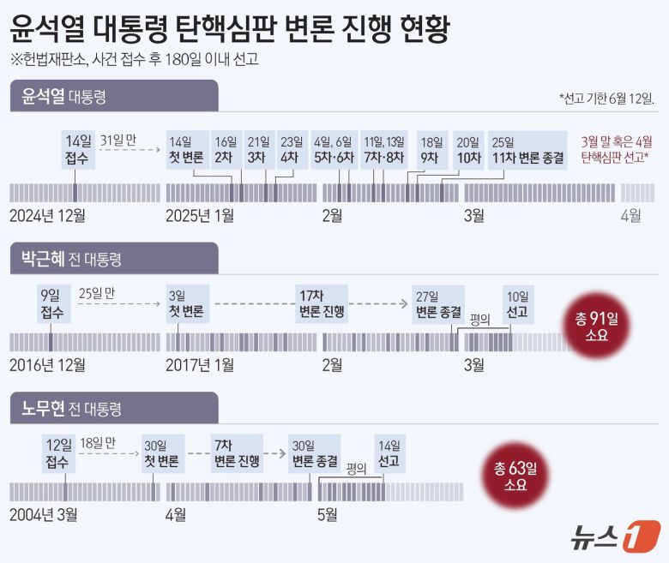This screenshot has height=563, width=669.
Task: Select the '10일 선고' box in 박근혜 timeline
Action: tap(517, 303)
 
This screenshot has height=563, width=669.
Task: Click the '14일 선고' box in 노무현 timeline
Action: tap(389, 454)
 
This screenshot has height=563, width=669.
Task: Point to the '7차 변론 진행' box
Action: tap(236, 454)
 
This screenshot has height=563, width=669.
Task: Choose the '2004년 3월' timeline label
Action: tap(43, 515)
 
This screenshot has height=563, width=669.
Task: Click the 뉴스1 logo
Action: tap(614, 536)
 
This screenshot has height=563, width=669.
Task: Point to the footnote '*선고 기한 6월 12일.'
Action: tap(606, 97)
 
